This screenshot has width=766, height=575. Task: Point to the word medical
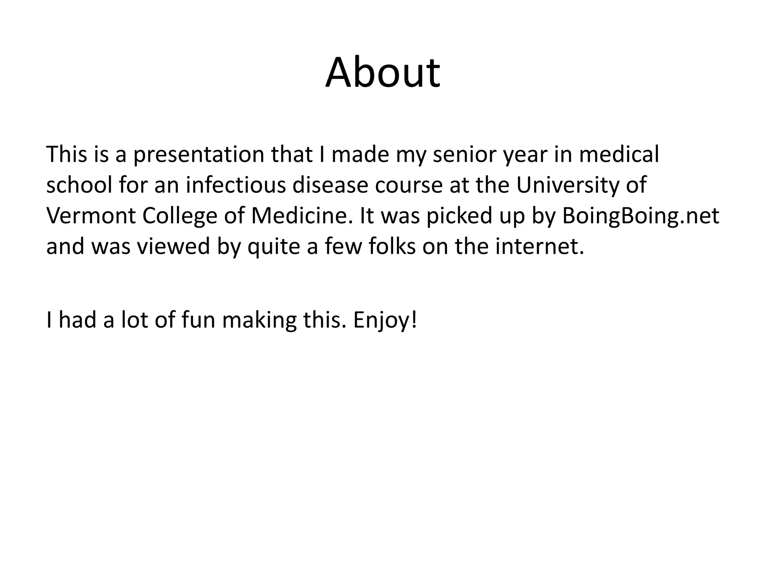(619, 155)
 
